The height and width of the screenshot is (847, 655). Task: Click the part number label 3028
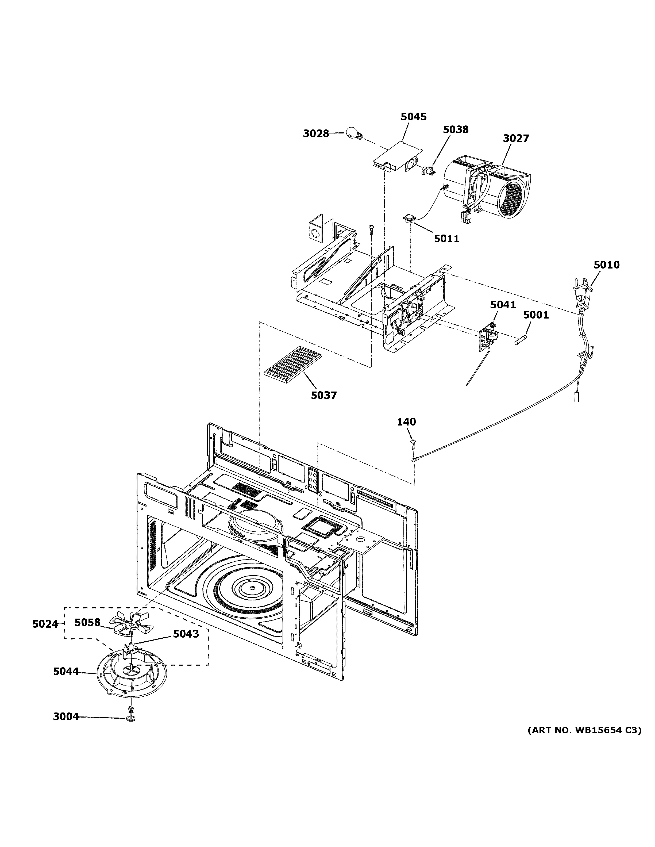(x=316, y=134)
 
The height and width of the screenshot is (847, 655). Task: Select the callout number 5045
(x=414, y=117)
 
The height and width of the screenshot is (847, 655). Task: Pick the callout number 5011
(x=446, y=239)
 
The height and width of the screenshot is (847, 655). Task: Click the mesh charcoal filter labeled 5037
(x=293, y=365)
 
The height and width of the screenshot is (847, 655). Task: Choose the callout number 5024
(x=45, y=624)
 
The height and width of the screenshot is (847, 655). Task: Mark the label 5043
(x=186, y=634)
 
